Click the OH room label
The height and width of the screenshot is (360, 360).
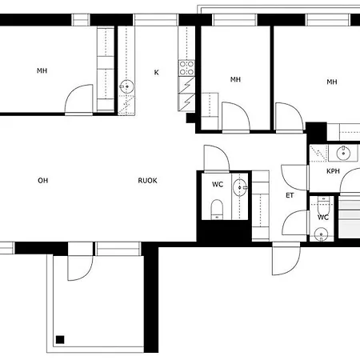[x=43, y=181]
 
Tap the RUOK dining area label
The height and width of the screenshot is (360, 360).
[x=147, y=181]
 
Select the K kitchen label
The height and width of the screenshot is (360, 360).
[x=157, y=72]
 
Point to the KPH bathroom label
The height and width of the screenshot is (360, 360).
[x=333, y=171]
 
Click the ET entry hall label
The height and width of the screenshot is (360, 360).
[x=290, y=195]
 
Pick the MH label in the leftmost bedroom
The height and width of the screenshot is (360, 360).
[x=42, y=70]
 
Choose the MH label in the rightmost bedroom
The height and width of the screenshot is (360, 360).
[x=332, y=82]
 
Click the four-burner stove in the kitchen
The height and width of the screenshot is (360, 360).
[x=186, y=68]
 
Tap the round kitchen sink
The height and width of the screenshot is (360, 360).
[x=127, y=86]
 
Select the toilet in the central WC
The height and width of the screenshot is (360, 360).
[x=217, y=209]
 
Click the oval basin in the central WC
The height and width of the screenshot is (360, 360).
[x=239, y=188]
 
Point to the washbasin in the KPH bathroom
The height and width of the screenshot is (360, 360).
[x=343, y=153]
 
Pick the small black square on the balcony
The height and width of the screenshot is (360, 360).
[x=60, y=340]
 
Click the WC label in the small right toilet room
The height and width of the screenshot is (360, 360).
[x=323, y=218]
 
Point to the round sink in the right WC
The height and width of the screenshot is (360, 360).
[x=321, y=234]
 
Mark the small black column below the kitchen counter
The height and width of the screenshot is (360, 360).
[x=190, y=118]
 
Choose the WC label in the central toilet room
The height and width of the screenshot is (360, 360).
[x=218, y=184]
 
